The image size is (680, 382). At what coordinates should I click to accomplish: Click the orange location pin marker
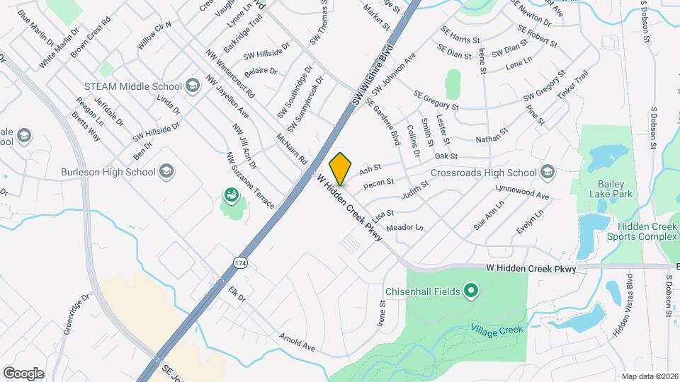[341, 168]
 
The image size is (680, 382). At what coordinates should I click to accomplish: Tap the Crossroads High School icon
[548, 172]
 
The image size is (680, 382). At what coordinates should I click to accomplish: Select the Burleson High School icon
[166, 171]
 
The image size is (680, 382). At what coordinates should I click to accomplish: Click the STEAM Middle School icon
[192, 86]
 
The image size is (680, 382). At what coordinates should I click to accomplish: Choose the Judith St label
[415, 190]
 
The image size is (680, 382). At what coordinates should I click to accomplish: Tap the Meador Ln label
[404, 227]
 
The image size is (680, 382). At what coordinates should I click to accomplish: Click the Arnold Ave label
[296, 343]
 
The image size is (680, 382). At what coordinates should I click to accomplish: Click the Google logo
[23, 373]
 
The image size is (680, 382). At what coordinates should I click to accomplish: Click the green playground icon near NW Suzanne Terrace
[231, 195]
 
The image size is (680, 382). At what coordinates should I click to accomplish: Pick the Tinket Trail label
[572, 85]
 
